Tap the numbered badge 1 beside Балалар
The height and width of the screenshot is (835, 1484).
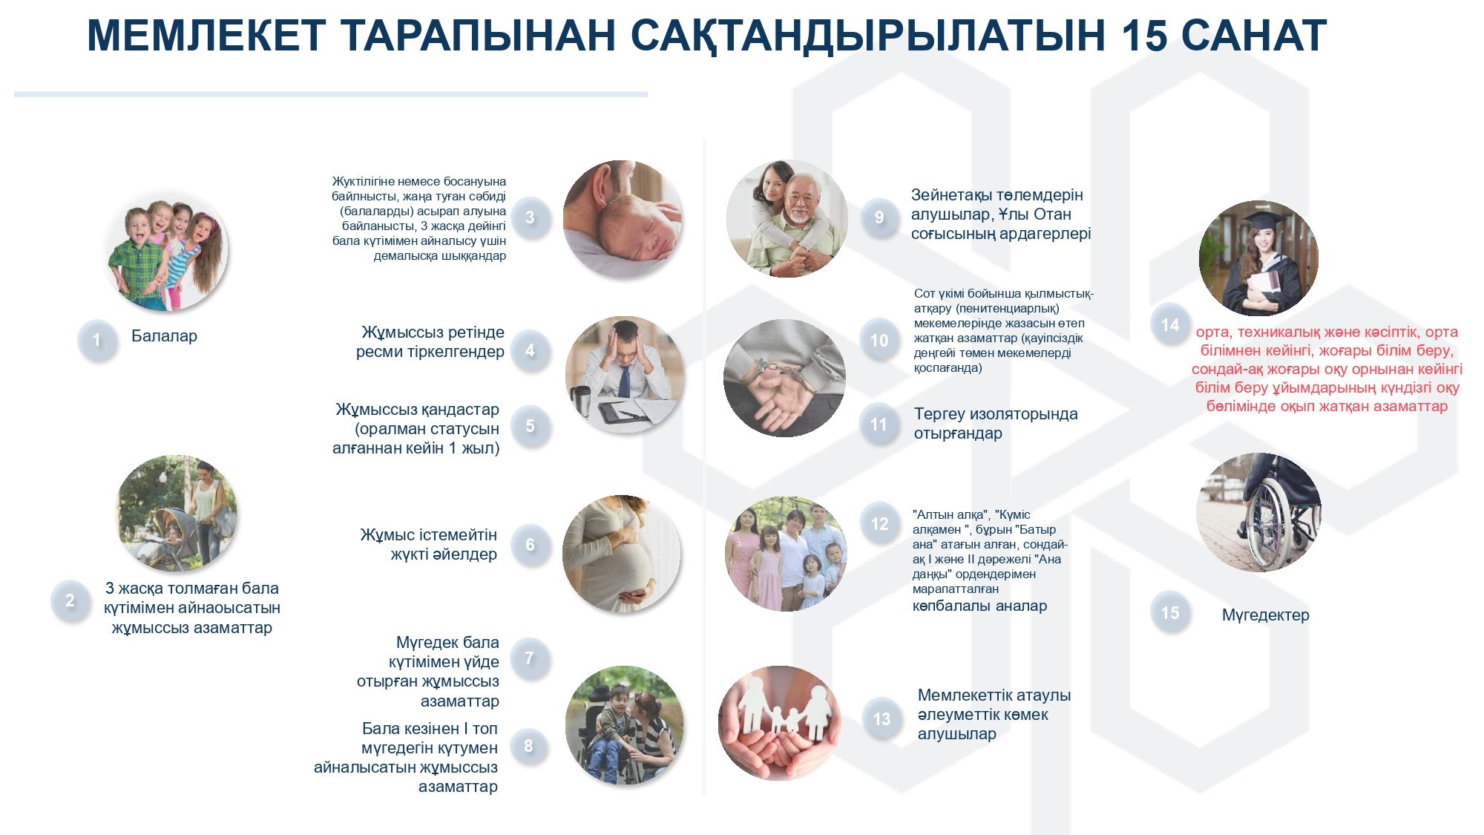96,340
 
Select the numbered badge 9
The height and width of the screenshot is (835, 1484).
879,217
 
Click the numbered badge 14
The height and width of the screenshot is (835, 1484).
1170,324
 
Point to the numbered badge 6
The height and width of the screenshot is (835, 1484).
530,545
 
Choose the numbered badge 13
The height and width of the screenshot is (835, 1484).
881,718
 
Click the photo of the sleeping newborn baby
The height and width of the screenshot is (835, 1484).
622,219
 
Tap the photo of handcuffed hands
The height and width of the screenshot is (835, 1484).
784,378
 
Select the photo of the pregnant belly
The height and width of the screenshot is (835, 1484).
622,554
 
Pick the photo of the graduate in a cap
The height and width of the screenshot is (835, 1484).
1258,258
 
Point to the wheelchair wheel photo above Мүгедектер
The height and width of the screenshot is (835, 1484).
1258,512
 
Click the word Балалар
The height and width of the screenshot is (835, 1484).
164,336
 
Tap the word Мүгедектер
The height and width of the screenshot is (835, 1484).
1265,615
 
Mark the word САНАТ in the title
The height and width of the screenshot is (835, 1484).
1254,36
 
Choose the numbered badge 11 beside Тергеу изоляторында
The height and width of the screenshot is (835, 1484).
879,424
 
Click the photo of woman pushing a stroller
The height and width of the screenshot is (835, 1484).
177,513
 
